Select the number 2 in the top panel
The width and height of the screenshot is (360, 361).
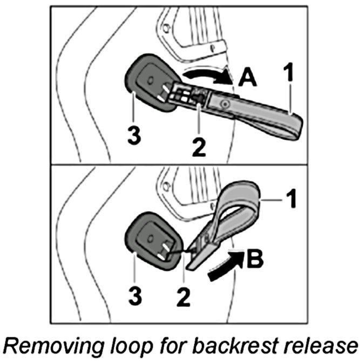click(199, 145)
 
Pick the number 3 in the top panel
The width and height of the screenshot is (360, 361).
click(134, 135)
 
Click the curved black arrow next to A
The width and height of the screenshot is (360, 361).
click(208, 74)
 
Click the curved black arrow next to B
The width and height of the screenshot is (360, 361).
click(221, 268)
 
